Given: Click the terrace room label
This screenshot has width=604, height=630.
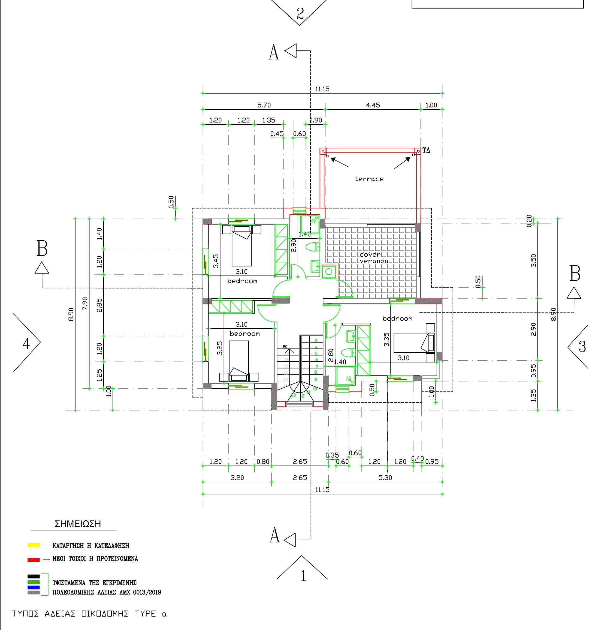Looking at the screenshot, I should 369,179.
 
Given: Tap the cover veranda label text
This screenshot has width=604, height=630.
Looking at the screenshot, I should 373,258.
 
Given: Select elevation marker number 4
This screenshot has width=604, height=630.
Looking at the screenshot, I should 26,344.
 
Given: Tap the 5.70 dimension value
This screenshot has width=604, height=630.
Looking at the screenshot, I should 264,105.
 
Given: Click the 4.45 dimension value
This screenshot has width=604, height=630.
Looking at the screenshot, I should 373,105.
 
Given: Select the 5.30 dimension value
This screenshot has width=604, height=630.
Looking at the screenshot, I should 385,478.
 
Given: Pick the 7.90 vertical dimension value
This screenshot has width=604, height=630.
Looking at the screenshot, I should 85,304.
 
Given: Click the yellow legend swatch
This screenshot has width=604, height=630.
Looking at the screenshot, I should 34,545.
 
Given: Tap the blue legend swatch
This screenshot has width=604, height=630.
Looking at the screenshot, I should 34,587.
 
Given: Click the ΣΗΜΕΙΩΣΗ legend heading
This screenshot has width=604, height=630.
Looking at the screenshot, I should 78,524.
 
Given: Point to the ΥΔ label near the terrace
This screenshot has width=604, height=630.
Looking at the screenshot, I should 426,150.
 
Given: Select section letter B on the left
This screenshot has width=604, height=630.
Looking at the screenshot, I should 42,248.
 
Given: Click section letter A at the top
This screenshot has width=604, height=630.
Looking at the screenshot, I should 273,52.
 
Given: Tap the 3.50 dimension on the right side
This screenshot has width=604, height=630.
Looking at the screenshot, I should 533,260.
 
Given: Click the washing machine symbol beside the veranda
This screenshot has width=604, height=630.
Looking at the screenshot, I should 329,272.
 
